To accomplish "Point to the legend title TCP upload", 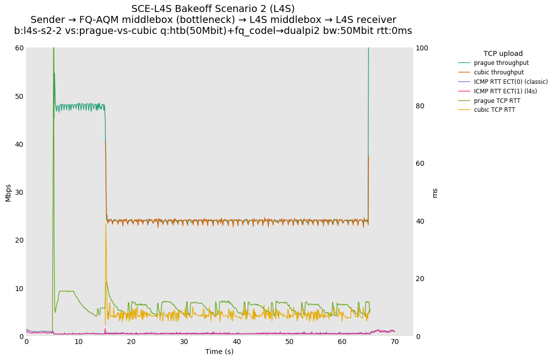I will [503, 53].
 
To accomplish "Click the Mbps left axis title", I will [8, 192].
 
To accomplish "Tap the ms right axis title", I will [435, 193].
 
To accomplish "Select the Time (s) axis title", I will [219, 352].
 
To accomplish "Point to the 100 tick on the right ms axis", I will [422, 48].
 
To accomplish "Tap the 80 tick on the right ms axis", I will [420, 106].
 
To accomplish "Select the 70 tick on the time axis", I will [395, 342].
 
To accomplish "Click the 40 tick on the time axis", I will [237, 342].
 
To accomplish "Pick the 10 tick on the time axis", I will [79, 342].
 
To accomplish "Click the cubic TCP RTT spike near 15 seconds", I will [106, 225].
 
